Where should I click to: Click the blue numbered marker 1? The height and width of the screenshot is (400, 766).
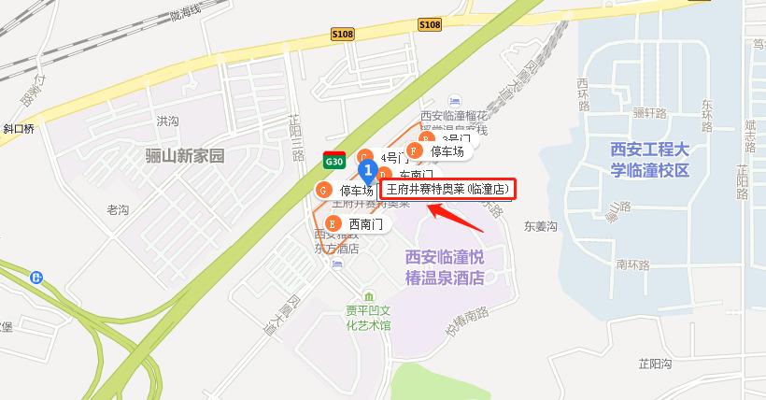(369, 170)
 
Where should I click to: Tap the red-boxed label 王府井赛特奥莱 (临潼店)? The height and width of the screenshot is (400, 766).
(447, 189)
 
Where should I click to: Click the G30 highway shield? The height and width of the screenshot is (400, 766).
(333, 160)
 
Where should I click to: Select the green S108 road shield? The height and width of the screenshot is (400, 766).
(343, 32)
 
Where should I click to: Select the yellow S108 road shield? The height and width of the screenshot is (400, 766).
(430, 25)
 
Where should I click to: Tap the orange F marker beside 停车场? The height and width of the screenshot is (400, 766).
(414, 150)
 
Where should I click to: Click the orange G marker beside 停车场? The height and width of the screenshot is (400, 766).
(323, 191)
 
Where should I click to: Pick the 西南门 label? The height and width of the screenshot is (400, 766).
(366, 224)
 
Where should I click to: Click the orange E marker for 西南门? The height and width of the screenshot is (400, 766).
(332, 224)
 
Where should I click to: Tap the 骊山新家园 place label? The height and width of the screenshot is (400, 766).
(186, 155)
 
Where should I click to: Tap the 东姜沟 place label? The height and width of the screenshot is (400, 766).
(540, 225)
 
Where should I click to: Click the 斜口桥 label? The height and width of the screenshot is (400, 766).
(18, 129)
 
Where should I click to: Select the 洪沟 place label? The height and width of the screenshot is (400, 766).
(167, 121)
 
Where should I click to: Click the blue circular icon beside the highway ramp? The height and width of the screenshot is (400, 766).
(36, 277)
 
